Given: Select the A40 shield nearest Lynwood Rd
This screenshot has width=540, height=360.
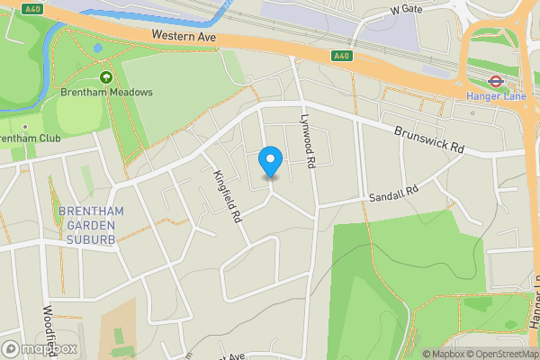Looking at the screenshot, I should coord(340,56).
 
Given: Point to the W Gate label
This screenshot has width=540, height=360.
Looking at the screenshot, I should coord(406,9).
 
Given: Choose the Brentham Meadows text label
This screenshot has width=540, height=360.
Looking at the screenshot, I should coord(107,93).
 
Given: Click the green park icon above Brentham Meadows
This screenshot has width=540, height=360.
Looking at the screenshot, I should coord(107,78).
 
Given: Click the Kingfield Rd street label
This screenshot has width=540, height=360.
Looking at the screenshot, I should coord(229,196).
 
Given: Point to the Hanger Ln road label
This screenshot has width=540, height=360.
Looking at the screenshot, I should coord(533,306).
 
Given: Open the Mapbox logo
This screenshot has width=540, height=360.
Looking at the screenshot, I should coord(40,348).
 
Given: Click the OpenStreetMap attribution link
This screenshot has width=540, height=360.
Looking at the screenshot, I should coord(500,354).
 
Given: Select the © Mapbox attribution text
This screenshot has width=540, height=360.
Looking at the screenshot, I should coord(440,354).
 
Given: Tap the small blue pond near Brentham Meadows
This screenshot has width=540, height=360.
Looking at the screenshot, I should coord(97,48).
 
